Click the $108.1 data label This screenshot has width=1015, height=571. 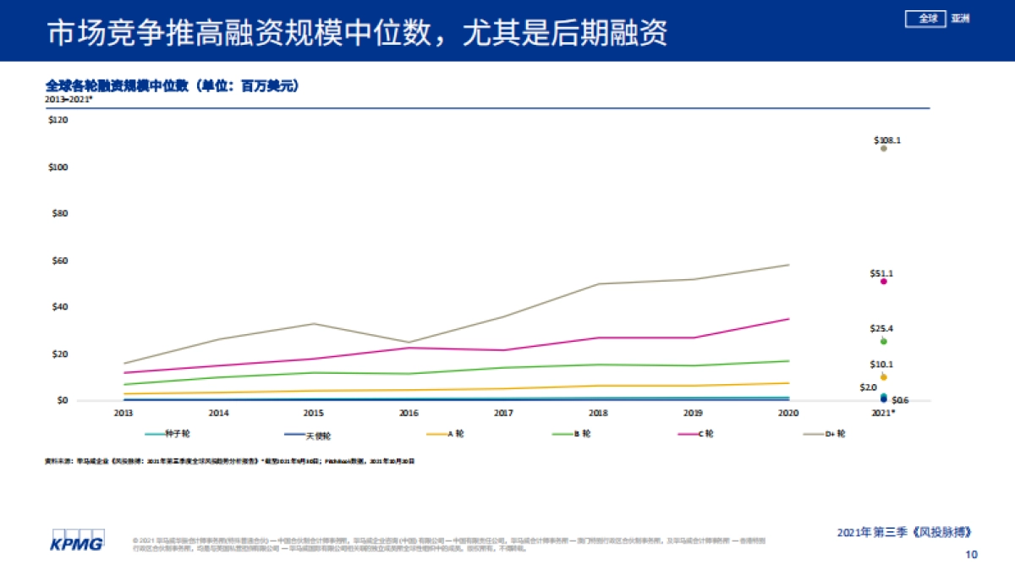click(886, 140)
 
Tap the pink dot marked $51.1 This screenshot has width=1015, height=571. click(883, 281)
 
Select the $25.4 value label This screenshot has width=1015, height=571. click(881, 328)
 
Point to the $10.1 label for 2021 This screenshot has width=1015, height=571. click(881, 365)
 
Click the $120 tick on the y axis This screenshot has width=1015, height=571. click(58, 120)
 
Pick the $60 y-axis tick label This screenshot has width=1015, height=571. click(58, 261)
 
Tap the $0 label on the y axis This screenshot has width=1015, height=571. click(61, 400)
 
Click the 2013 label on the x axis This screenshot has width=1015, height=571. click(123, 414)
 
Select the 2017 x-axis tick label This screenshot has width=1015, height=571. click(503, 414)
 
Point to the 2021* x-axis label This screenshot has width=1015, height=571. click(884, 414)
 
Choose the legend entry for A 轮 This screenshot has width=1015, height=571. click(455, 434)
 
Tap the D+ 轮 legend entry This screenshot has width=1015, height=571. click(835, 434)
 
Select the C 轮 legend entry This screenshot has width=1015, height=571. click(705, 434)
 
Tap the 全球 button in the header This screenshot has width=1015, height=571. click(927, 18)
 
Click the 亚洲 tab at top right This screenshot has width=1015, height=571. click(960, 18)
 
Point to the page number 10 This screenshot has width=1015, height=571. click(971, 555)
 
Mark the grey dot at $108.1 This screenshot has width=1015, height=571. click(884, 148)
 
